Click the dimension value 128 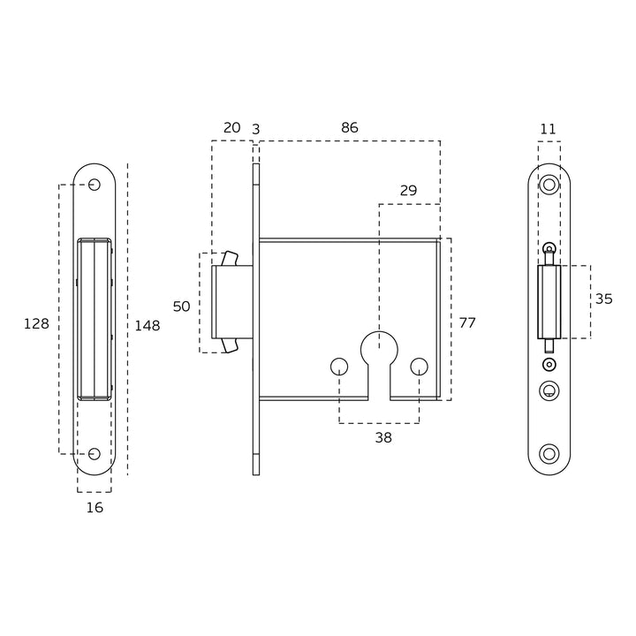[x=36, y=323]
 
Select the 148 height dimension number [x=148, y=325]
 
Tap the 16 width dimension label [x=95, y=507]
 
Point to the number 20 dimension [x=232, y=128]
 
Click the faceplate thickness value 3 [x=255, y=129]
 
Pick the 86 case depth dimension [x=350, y=128]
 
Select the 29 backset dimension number [x=408, y=191]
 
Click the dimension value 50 [x=181, y=307]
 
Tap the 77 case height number [x=467, y=323]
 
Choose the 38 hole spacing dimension [x=383, y=437]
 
